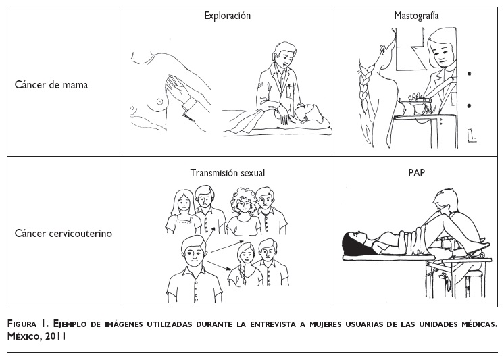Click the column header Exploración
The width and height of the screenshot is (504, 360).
pos(227,16)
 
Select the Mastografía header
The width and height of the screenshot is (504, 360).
pos(416,16)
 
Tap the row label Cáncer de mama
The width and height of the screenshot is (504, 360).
pos(51,85)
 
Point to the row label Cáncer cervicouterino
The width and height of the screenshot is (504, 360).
pos(64,233)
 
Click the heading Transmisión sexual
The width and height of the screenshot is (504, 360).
pos(227,173)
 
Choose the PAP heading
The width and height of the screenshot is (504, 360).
pos(417,173)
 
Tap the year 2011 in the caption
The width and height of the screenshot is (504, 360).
pos(55,336)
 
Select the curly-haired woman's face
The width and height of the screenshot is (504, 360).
pos(245,204)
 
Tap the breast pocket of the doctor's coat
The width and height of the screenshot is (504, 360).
pos(291,91)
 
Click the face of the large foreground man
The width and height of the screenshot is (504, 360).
pos(194,254)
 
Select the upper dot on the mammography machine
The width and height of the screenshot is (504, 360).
pos(469,74)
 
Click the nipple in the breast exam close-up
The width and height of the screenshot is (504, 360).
pos(159,101)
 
